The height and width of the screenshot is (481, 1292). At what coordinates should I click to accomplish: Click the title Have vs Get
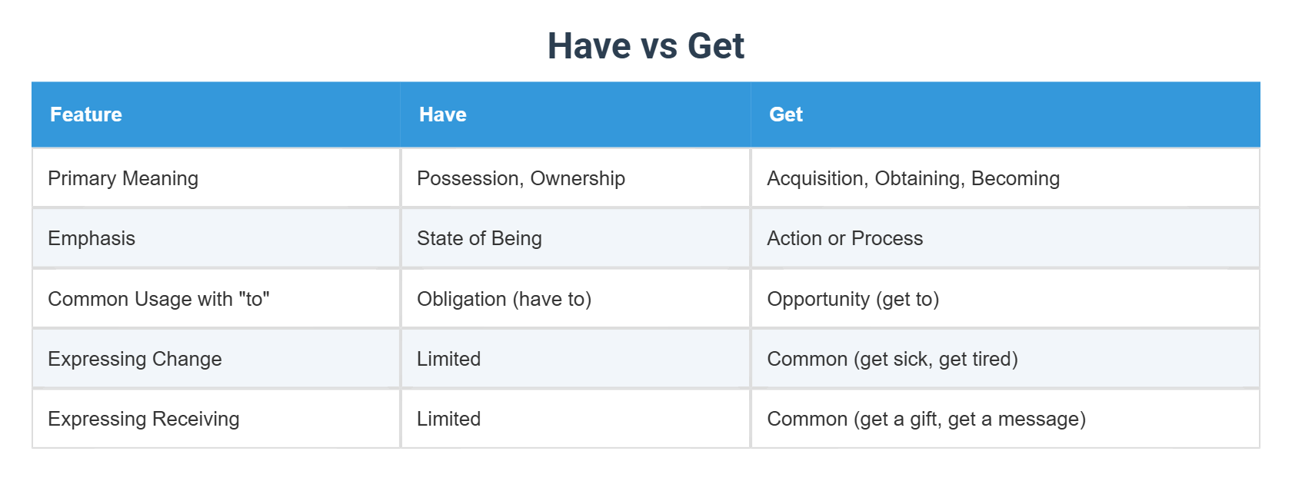click(x=645, y=46)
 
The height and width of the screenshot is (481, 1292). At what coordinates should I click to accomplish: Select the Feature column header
click(x=86, y=114)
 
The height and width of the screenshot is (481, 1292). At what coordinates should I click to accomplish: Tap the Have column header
click(x=443, y=114)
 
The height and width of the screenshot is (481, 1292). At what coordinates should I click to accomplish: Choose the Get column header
click(x=786, y=114)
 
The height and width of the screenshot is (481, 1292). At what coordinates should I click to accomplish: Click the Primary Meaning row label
click(x=123, y=178)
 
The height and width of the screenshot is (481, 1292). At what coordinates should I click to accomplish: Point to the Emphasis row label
click(x=92, y=238)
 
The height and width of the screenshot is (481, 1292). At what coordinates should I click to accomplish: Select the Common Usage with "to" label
click(x=158, y=299)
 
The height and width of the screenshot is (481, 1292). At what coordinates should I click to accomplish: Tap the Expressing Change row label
click(x=135, y=359)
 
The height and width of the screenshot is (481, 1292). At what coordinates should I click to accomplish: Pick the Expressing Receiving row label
click(x=144, y=419)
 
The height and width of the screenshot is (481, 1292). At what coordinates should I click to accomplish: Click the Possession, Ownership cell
click(x=521, y=178)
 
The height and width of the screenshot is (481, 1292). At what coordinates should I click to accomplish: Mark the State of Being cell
click(x=479, y=238)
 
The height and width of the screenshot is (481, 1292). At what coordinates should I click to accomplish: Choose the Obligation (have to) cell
click(x=504, y=299)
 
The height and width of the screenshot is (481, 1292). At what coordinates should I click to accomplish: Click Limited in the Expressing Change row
click(x=448, y=359)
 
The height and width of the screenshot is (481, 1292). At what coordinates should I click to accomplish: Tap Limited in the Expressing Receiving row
click(x=448, y=419)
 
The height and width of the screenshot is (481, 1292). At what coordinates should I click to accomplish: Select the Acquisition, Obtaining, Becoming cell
click(x=913, y=178)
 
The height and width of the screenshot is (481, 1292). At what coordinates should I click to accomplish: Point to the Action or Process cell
click(x=844, y=238)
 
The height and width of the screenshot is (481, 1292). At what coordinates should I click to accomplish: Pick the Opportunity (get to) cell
click(x=853, y=299)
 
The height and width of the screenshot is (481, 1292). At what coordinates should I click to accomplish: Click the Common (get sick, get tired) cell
click(x=892, y=359)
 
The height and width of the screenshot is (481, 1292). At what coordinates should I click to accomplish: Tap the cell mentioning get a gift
click(x=926, y=419)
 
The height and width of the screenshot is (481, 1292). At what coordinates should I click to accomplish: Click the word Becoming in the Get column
click(x=1015, y=178)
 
